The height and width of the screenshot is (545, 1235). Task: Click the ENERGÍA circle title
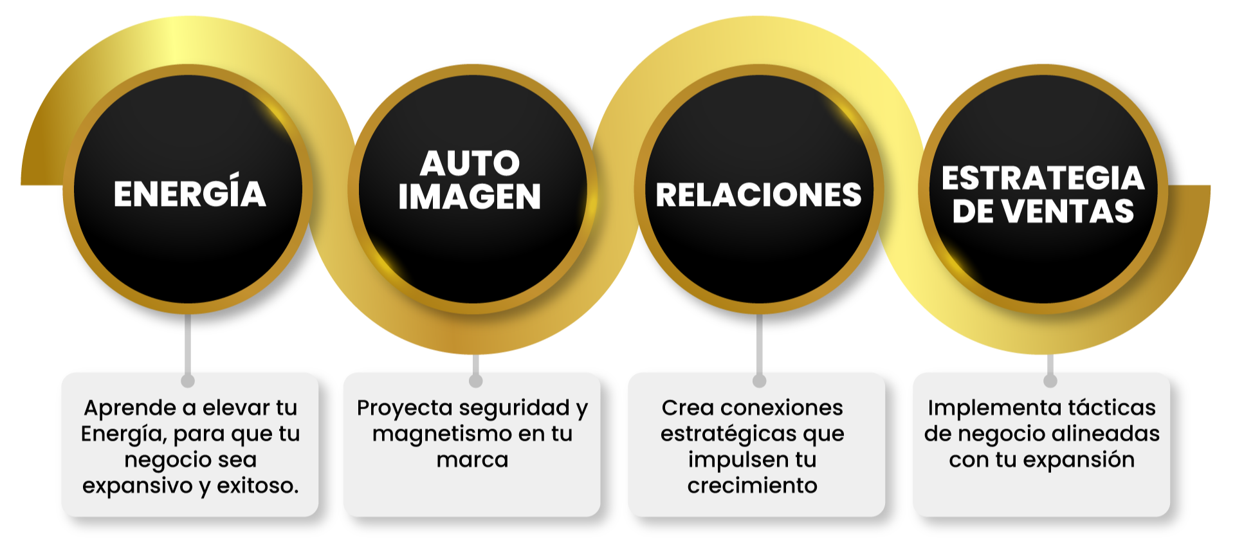click(x=190, y=194)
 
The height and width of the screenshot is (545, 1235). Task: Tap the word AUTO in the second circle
click(x=470, y=163)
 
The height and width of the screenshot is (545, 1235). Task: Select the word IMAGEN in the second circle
click(x=470, y=197)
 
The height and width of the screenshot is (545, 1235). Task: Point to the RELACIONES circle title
click(x=758, y=195)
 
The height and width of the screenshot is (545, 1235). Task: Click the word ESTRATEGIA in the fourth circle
click(x=1043, y=178)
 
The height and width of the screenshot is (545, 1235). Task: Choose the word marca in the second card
click(x=472, y=460)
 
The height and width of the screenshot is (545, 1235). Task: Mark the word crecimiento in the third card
click(x=752, y=486)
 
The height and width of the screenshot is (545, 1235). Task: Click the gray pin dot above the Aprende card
click(x=188, y=380)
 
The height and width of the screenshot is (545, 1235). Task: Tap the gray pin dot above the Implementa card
click(x=1050, y=380)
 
